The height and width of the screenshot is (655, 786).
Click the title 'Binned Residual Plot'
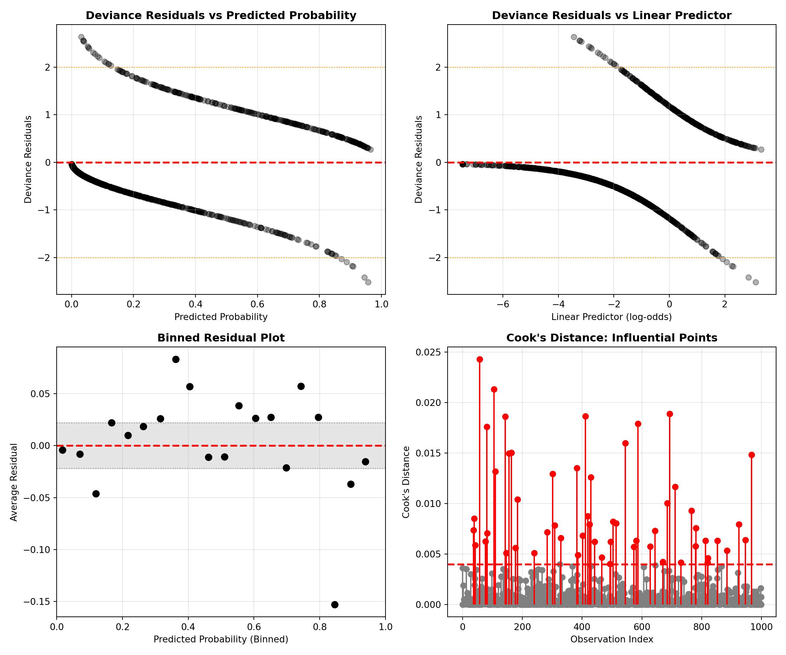click(x=221, y=338)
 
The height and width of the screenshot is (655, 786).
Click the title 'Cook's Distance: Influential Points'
click(x=612, y=338)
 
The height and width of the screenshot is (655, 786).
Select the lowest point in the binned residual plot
click(x=335, y=605)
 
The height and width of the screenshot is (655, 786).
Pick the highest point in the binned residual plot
click(x=176, y=359)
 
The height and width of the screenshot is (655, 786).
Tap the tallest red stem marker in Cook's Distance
click(x=479, y=359)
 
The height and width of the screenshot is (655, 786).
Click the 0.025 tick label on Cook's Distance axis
click(x=427, y=352)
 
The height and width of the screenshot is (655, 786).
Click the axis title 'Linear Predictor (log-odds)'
click(x=612, y=317)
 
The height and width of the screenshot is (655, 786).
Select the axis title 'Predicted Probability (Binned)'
click(x=221, y=639)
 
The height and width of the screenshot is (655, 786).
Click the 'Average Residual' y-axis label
click(x=14, y=482)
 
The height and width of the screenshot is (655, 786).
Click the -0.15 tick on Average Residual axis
click(x=37, y=602)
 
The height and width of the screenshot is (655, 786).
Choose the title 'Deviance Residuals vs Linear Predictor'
click(x=612, y=15)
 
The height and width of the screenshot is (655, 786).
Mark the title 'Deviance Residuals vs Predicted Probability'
click(x=221, y=15)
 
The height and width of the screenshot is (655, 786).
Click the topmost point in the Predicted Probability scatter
click(x=81, y=37)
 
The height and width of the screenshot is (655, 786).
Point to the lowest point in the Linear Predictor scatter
click(x=756, y=282)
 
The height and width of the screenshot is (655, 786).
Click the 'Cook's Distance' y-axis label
click(x=406, y=482)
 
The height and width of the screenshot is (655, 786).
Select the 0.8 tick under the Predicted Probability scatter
click(x=319, y=304)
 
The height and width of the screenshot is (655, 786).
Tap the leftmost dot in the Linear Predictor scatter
click(x=463, y=164)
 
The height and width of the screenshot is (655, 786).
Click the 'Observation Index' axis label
click(x=612, y=639)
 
